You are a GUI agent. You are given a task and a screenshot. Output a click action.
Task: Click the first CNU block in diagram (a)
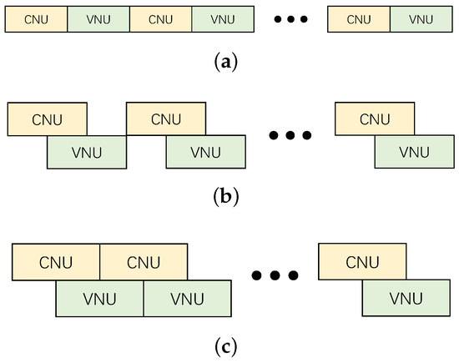[x=36, y=18]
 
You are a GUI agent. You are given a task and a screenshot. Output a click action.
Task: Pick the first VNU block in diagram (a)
[x=98, y=18]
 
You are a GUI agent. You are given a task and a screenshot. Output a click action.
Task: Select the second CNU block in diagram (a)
[x=160, y=18]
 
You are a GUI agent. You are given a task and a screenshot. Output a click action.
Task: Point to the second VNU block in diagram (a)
[x=223, y=18]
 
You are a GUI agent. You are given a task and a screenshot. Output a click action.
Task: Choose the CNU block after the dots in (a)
[x=358, y=18]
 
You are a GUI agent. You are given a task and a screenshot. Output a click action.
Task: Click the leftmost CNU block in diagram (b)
[x=47, y=118]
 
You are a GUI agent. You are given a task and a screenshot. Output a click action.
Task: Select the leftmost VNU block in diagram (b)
[x=87, y=152]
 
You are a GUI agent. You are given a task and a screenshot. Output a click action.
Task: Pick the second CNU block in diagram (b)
[x=166, y=118]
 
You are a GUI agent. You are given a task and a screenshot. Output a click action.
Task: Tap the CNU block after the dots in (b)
[x=374, y=118]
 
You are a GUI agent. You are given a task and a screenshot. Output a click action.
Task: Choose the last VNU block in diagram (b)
[x=414, y=152]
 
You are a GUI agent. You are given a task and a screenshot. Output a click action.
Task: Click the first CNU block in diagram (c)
[x=56, y=263]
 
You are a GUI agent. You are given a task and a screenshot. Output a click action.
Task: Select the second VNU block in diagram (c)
[x=188, y=298]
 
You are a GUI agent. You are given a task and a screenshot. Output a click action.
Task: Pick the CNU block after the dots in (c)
[x=362, y=263]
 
